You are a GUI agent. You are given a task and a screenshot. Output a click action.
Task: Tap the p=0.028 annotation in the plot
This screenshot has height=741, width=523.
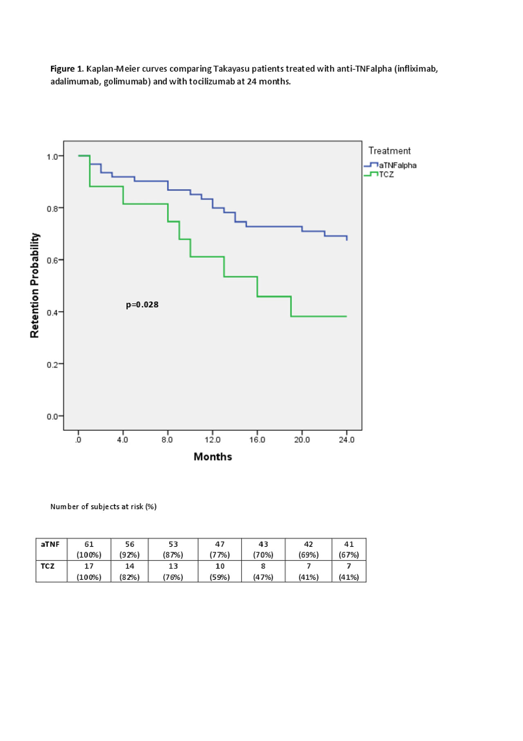pyautogui.click(x=142, y=304)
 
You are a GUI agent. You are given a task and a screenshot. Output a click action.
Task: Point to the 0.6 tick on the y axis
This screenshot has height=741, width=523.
pyautogui.click(x=52, y=260)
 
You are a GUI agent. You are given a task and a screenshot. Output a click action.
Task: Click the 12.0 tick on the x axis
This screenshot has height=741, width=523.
pyautogui.click(x=212, y=440)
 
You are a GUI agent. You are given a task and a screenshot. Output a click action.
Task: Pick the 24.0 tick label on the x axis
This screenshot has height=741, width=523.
pyautogui.click(x=346, y=440)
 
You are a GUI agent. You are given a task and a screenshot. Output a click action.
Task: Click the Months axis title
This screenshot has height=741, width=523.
pyautogui.click(x=212, y=457)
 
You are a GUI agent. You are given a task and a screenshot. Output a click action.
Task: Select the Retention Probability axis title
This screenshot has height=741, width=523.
pyautogui.click(x=35, y=285)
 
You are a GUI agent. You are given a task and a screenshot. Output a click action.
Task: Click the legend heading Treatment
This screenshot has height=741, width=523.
pyautogui.click(x=389, y=151)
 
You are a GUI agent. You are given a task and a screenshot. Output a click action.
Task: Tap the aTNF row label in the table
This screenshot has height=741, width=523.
pyautogui.click(x=50, y=544)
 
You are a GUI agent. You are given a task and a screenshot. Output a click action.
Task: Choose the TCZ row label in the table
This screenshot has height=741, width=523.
pyautogui.click(x=47, y=566)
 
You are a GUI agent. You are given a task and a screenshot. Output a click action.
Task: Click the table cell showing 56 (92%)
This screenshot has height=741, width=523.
pyautogui.click(x=130, y=549)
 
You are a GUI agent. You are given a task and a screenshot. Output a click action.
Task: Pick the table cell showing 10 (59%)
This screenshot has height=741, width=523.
pyautogui.click(x=220, y=571)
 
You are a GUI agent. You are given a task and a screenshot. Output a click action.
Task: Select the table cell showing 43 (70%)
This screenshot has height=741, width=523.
pyautogui.click(x=263, y=549)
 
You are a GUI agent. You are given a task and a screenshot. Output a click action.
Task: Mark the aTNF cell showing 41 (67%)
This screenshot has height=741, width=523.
pyautogui.click(x=349, y=549)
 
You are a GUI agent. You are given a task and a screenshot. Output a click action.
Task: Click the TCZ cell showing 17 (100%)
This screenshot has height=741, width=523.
pyautogui.click(x=89, y=571)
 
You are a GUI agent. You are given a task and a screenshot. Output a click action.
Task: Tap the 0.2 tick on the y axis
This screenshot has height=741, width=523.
pyautogui.click(x=52, y=364)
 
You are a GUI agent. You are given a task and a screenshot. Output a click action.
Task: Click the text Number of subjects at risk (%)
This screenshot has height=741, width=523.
pyautogui.click(x=103, y=506)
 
